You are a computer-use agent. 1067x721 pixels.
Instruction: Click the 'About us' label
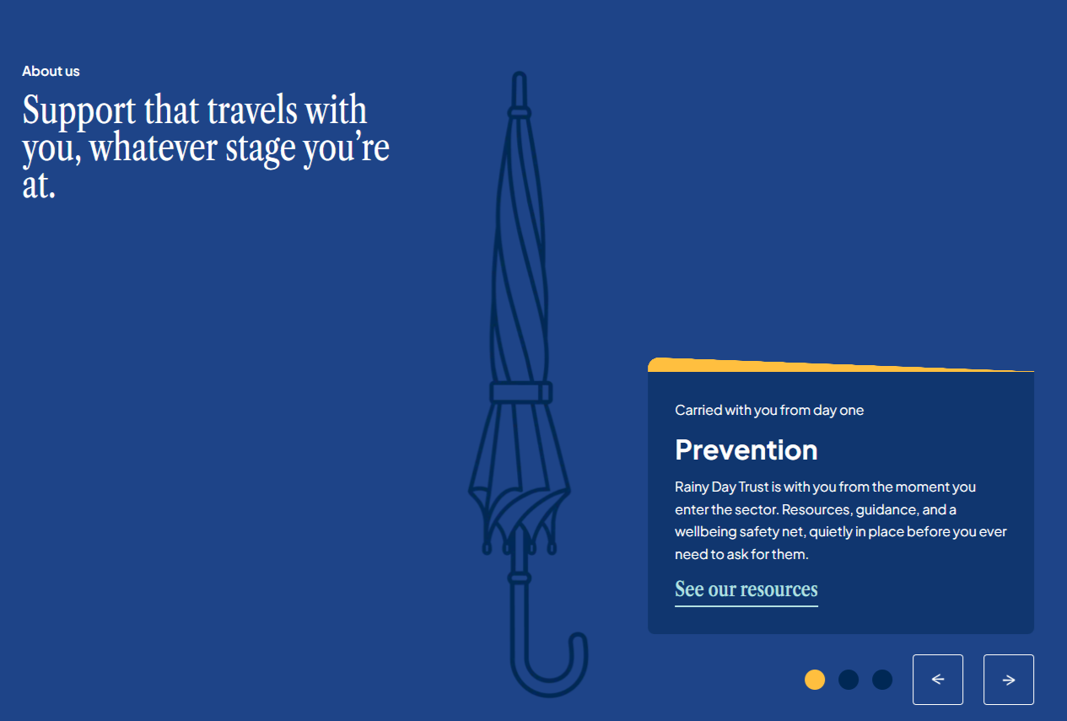[x=51, y=72]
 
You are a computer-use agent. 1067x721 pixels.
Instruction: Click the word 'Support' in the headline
[x=78, y=111]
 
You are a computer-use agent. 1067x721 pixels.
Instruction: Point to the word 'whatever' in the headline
[x=154, y=148]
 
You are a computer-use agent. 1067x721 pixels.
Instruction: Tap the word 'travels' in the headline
[x=252, y=110]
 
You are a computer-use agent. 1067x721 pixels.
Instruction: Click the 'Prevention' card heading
[x=746, y=450]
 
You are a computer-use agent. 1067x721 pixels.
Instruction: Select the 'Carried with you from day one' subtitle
[x=768, y=411]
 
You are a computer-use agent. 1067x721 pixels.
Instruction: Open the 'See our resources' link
[x=746, y=589]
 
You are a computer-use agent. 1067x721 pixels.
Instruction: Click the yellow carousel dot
[x=815, y=680]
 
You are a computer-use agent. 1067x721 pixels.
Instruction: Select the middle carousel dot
[x=849, y=680]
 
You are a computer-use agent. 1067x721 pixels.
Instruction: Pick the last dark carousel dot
[x=882, y=680]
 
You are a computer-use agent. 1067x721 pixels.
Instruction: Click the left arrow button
[x=937, y=680]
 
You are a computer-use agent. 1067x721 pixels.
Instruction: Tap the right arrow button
[x=1009, y=680]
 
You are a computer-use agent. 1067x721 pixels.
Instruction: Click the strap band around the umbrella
[x=521, y=393]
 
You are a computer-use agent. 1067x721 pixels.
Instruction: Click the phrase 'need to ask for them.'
[x=741, y=554]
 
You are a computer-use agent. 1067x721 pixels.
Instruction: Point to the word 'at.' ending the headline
[x=39, y=186]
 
